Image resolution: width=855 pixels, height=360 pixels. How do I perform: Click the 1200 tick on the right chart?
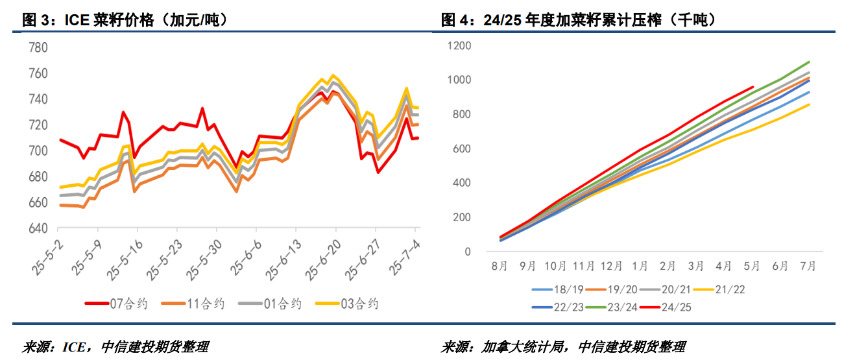[x=461, y=46]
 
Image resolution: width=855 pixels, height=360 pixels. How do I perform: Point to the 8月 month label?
[x=500, y=265]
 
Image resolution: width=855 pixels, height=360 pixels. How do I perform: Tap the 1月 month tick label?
[x=640, y=265]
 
